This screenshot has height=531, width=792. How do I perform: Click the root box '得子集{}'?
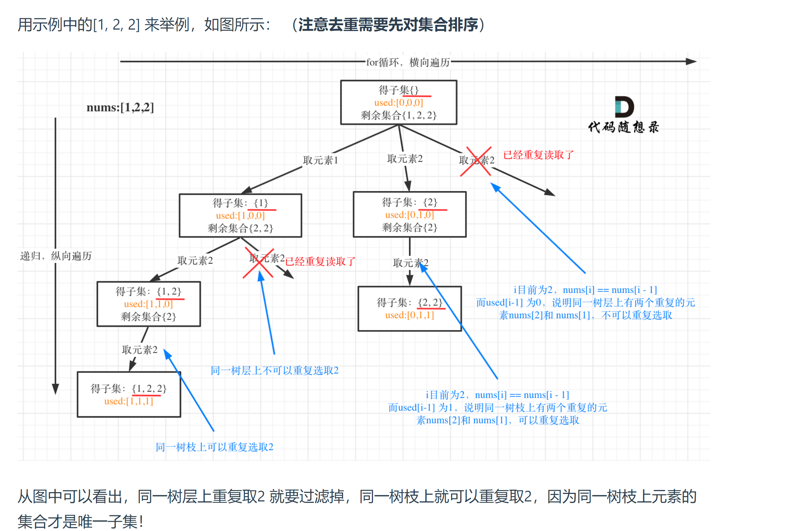click(x=398, y=102)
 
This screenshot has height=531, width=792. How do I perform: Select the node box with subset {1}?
click(x=240, y=215)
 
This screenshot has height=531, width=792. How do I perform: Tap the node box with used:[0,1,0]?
click(x=409, y=215)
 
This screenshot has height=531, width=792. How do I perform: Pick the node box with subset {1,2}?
click(x=148, y=304)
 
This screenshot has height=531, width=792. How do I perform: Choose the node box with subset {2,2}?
click(x=409, y=309)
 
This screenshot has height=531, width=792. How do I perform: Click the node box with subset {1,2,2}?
click(x=129, y=394)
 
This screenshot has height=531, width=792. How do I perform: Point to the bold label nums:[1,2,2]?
click(x=120, y=107)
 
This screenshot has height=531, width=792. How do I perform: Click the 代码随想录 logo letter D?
click(x=624, y=107)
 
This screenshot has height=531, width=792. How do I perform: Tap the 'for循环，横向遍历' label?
click(x=408, y=62)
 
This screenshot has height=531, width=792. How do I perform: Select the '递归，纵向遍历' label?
click(x=56, y=256)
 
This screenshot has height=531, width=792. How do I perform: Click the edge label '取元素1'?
click(x=320, y=160)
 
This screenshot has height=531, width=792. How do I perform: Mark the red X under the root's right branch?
click(x=476, y=161)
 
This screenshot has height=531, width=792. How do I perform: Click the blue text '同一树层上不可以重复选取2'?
click(x=275, y=371)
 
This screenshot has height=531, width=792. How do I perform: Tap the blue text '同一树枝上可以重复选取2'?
click(x=214, y=447)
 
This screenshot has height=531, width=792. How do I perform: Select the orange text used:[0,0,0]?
click(x=398, y=103)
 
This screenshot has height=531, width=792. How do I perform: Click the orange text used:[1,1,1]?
click(x=128, y=401)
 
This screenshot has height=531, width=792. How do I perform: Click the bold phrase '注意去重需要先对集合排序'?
click(x=388, y=25)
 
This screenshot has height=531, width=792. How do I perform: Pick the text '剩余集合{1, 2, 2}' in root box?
click(x=398, y=115)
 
